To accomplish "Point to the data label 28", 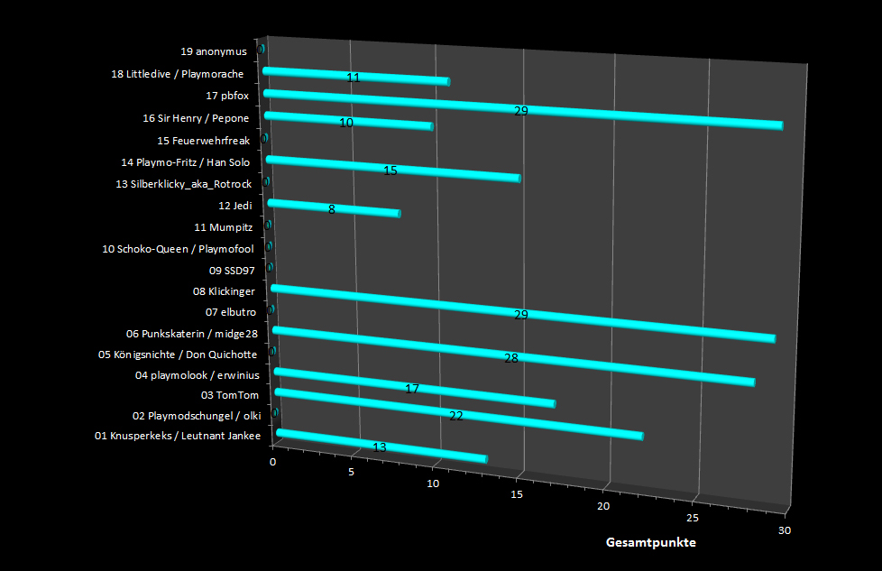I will click(x=511, y=358).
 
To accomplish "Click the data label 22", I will click(x=455, y=416).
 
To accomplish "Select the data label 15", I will click(x=390, y=170).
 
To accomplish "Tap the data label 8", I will click(x=332, y=209).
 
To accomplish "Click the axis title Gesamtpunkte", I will click(x=650, y=543).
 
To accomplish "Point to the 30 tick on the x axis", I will click(x=784, y=530).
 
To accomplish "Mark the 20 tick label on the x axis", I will click(x=603, y=506).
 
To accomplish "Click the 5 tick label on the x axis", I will click(x=353, y=473).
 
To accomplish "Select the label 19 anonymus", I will click(x=215, y=51).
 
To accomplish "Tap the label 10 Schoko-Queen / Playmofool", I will click(x=179, y=248).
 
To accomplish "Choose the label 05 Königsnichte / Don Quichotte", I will click(x=178, y=354).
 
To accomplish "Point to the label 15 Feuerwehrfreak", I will click(x=203, y=141).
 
